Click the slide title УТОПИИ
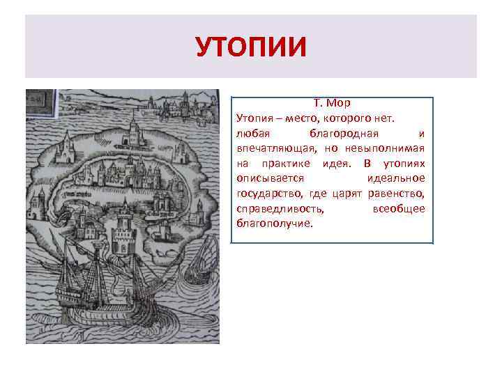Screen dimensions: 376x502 click(x=250, y=47)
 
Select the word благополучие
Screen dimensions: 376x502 click(x=275, y=225)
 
